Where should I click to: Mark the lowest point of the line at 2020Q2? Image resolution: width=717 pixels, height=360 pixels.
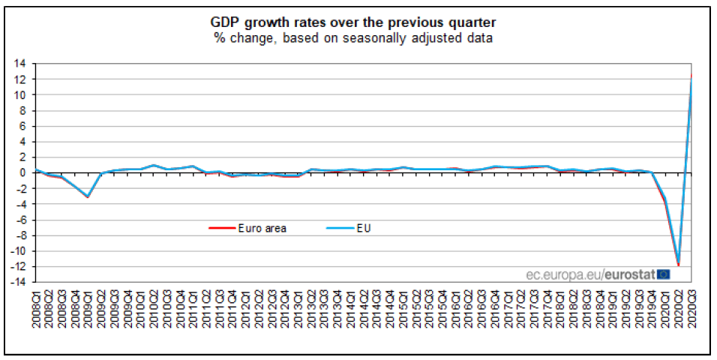[x=678, y=264]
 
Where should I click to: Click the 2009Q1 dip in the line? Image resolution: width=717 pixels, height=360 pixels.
[x=88, y=196]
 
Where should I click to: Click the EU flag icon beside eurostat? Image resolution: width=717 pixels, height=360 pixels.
[x=663, y=274]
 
